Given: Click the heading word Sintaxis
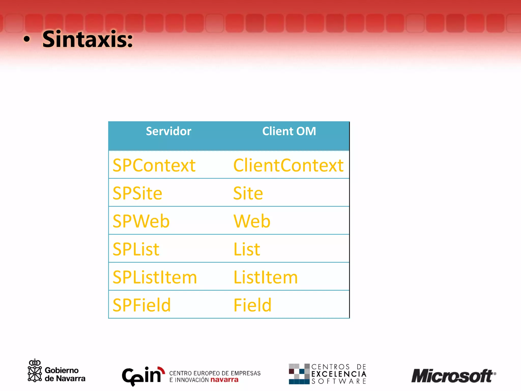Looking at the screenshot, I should [87, 39].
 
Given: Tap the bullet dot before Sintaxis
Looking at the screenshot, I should [26, 39].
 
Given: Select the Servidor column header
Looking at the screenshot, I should [168, 131].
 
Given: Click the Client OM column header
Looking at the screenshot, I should [289, 131].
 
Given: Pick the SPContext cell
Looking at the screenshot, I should [154, 165].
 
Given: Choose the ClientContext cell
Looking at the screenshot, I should [288, 165].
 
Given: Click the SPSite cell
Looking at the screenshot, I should [137, 193].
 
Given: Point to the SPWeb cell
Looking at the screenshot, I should [141, 221].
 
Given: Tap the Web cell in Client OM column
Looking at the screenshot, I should [252, 221].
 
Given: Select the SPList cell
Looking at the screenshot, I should [136, 249].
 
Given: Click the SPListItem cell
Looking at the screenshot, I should [155, 277].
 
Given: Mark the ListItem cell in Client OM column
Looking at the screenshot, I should [265, 277].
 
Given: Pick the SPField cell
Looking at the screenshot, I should [141, 305].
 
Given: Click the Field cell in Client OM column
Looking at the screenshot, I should [252, 305].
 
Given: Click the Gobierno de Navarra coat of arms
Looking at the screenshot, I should [35, 371].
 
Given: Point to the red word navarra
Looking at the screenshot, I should [224, 380].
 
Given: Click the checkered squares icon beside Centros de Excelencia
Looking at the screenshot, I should [299, 374].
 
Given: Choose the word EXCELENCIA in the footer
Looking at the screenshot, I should [339, 374].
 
